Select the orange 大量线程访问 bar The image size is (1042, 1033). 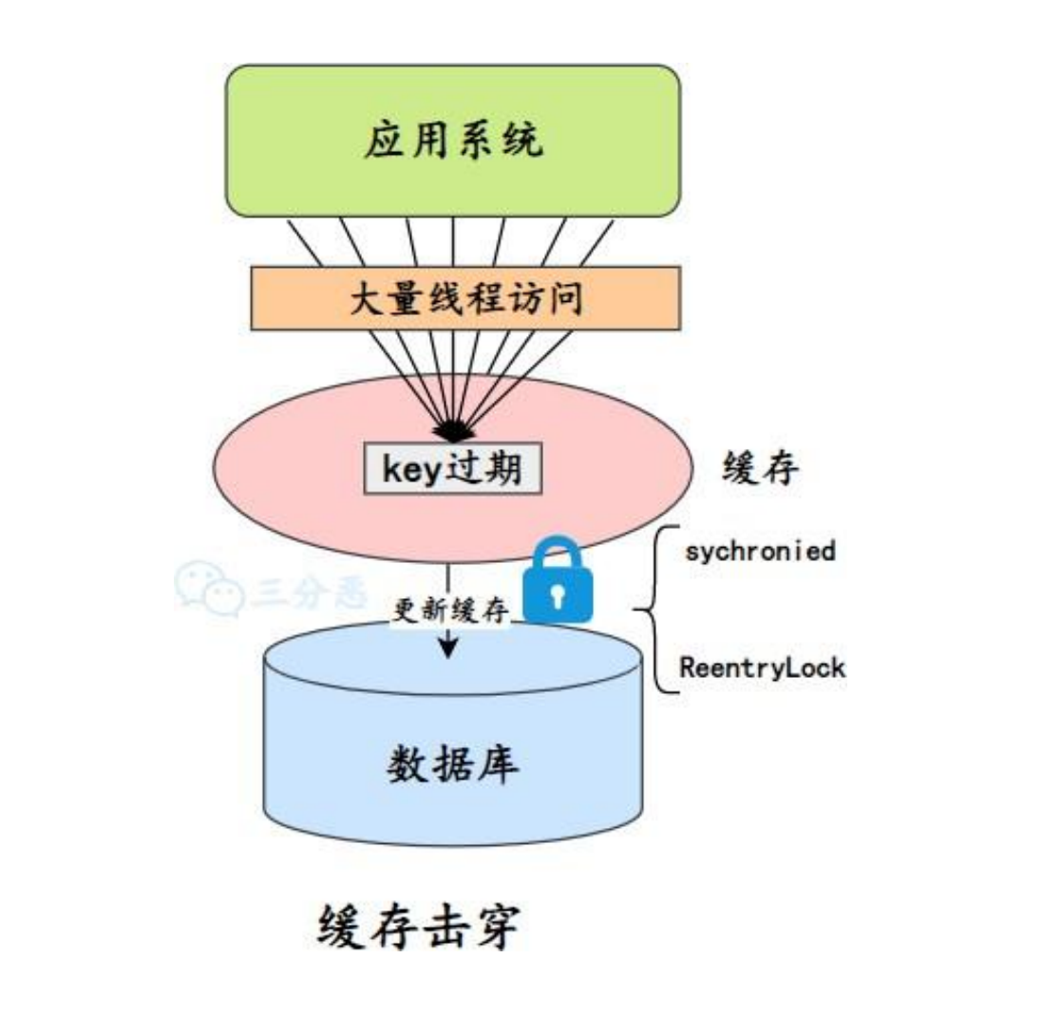point(465,298)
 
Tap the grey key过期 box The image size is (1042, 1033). point(453,468)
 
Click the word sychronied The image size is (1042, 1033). point(760,551)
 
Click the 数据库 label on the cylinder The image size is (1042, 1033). point(454,765)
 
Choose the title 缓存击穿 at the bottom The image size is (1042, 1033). point(418,928)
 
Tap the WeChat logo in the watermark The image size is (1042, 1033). point(200,590)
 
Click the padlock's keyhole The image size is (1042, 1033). point(559,596)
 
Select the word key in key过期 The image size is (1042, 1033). point(408,468)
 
